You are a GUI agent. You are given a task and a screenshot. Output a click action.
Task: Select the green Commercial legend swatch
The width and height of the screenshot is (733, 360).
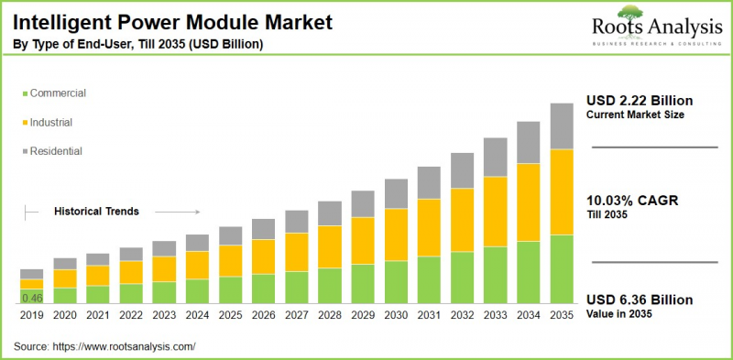click(23, 93)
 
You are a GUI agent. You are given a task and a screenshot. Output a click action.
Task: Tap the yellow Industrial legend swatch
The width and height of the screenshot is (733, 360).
click(23, 122)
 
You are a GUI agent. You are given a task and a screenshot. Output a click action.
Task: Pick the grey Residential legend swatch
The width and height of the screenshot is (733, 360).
click(23, 150)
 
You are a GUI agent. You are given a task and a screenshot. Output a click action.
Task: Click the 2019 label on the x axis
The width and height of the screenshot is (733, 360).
click(32, 314)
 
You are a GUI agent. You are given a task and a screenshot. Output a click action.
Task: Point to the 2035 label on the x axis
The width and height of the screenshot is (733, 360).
click(561, 314)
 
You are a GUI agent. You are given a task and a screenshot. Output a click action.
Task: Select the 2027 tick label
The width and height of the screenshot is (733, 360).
click(296, 314)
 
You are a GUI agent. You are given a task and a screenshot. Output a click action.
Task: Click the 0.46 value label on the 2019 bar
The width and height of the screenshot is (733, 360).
click(32, 298)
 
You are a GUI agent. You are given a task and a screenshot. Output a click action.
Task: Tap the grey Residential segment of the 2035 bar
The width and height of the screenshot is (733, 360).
click(561, 125)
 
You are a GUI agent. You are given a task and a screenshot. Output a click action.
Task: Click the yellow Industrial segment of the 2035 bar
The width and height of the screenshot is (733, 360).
click(561, 191)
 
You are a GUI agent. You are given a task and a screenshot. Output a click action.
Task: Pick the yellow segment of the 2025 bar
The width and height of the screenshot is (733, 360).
click(230, 260)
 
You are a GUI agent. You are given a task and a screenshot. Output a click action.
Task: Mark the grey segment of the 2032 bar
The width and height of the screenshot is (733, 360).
click(462, 170)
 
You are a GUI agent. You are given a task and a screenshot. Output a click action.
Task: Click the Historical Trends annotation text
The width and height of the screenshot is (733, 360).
click(96, 211)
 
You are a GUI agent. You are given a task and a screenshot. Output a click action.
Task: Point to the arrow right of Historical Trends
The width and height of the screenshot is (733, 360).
click(184, 211)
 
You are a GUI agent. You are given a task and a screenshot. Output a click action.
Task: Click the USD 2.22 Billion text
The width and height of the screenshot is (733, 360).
click(640, 100)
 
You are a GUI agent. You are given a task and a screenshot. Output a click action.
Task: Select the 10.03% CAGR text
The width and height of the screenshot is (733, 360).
click(632, 201)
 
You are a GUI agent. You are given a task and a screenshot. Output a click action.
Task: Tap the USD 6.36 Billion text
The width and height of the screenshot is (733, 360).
click(640, 300)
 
